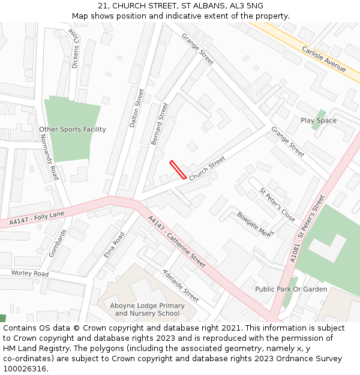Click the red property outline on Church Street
pos(177,169)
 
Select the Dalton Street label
pos(136,109)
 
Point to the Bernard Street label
pos(160,123)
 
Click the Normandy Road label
pos(49,156)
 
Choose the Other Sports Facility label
pos(73,130)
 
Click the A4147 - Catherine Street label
pos(176,242)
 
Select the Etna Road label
pos(113,245)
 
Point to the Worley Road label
pos(29,274)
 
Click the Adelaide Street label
pos(181,285)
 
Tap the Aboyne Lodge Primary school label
pos(147,310)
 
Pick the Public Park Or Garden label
pos(291,289)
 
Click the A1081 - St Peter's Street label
pos(307,228)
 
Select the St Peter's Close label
pos(277,205)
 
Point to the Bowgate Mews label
pos(256,224)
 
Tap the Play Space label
pos(319,121)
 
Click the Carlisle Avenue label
pos(324,59)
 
